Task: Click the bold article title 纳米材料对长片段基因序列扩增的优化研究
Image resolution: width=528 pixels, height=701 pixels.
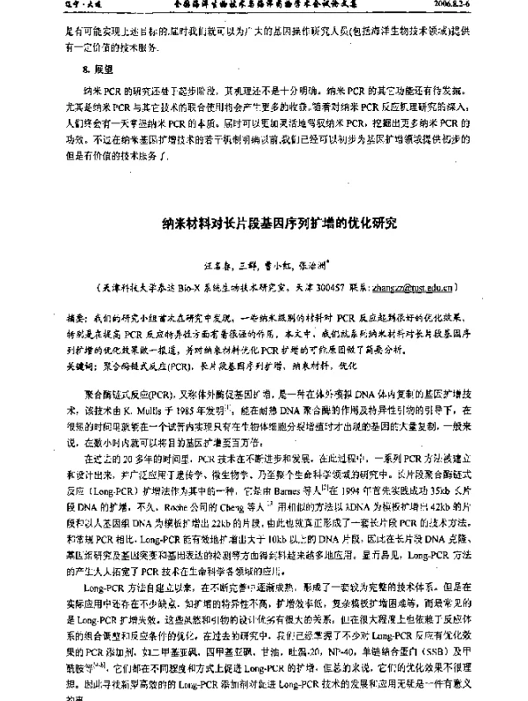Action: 263,224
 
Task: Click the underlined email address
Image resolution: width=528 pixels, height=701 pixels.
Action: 412,287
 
